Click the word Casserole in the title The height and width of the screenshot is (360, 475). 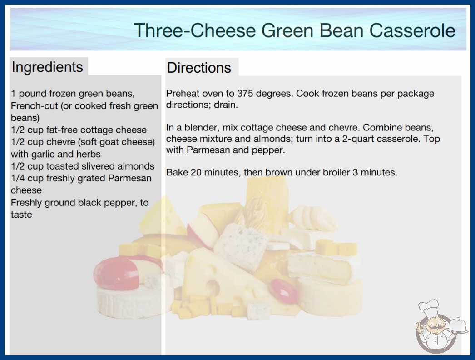412,30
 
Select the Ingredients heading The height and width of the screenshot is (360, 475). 47,67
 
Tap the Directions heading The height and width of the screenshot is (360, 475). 199,68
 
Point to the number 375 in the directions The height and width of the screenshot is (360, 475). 245,94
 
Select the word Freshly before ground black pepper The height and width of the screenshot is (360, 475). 26,203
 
